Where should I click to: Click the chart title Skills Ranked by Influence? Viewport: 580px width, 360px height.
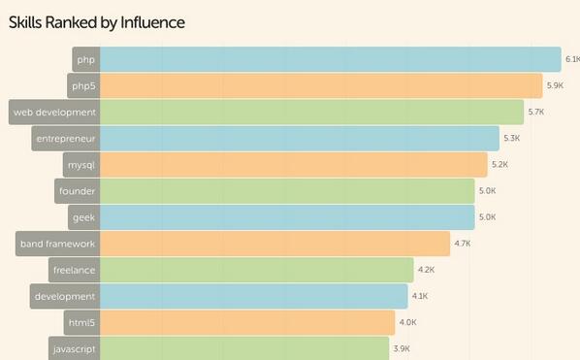click(x=97, y=21)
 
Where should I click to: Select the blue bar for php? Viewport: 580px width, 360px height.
click(x=330, y=59)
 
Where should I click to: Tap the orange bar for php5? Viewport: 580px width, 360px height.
click(x=320, y=85)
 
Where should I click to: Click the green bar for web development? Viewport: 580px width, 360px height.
click(x=310, y=112)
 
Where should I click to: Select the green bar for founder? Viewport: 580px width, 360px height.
click(x=287, y=190)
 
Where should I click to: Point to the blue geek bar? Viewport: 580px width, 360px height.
click(x=287, y=216)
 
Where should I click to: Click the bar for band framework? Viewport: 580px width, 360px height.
click(x=274, y=244)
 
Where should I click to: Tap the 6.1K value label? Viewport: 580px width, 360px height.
click(x=572, y=60)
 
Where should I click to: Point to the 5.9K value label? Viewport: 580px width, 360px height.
click(x=555, y=86)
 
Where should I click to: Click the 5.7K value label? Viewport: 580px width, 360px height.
click(x=535, y=113)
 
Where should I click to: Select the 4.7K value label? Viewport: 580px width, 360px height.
click(x=463, y=244)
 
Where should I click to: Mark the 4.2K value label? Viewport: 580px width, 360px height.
click(x=426, y=270)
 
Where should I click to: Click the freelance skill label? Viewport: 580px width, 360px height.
click(x=74, y=270)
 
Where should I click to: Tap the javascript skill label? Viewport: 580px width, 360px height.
click(x=74, y=347)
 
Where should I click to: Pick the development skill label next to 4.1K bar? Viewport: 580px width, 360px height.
click(x=64, y=296)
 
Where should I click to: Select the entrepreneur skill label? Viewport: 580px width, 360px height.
click(x=65, y=138)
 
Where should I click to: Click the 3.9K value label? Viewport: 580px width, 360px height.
click(x=402, y=348)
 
